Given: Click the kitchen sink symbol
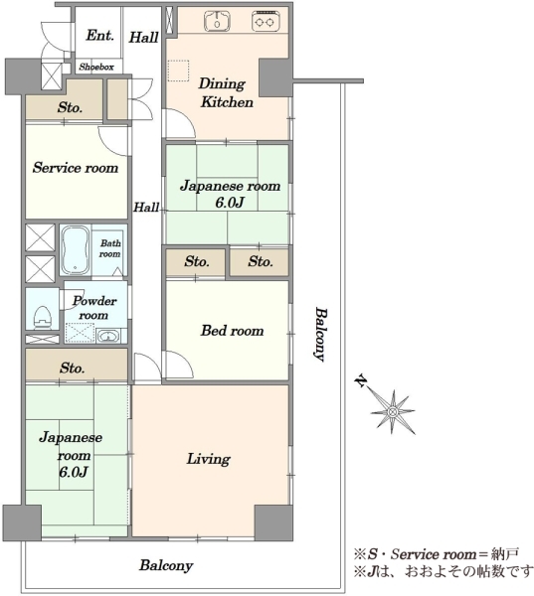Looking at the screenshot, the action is pos(217,21).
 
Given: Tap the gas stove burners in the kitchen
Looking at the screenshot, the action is pos(266,21).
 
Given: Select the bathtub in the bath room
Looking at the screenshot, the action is pos(76,249).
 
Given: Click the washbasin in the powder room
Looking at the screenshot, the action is pos(108,336).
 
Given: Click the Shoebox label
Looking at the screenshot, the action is pos(96,68).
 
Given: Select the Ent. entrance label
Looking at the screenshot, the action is pos(99,36).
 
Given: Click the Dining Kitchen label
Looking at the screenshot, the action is pos(226,92).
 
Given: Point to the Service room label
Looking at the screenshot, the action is pos(76,168).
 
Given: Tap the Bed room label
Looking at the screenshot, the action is pos(232,331).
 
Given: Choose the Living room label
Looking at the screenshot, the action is pos(208,459).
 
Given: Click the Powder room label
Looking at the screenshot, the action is pos(94,308).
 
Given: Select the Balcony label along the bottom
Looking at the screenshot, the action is pos(166,565).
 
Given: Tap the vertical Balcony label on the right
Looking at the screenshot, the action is pos(320,335).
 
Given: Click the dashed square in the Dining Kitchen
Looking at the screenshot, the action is pos(178,71).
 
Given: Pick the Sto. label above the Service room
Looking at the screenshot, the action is pos(70,107).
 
